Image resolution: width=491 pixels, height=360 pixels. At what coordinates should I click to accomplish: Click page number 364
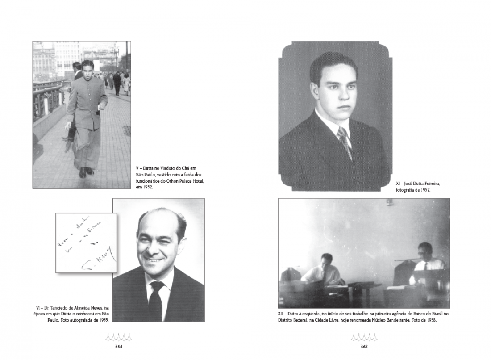point(118,347)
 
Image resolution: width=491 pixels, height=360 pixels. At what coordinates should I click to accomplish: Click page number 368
point(364,347)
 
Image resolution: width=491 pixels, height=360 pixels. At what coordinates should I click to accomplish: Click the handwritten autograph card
point(86,243)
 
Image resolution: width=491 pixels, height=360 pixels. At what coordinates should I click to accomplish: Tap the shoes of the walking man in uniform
point(86,172)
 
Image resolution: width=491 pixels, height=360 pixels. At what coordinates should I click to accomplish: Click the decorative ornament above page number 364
point(118,336)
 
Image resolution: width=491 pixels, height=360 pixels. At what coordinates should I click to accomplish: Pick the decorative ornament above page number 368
point(364,336)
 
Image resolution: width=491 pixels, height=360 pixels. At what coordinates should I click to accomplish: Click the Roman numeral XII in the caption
point(282,314)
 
